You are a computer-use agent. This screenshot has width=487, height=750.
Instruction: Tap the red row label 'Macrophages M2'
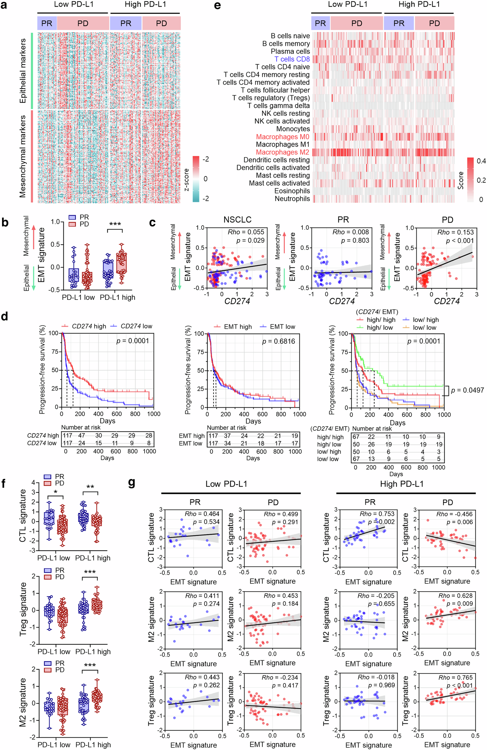283,152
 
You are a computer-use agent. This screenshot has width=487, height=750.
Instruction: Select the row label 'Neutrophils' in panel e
292,198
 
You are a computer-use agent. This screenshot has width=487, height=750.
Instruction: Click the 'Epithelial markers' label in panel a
23,71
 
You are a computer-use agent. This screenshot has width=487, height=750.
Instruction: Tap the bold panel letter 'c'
152,222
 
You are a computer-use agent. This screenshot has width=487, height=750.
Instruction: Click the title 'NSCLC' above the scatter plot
237,220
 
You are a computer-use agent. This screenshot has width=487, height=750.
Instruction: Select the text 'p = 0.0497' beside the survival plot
467,390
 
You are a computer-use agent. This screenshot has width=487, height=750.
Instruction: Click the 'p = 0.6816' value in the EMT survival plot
278,341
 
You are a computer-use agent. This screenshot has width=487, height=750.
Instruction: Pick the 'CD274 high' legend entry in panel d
89,326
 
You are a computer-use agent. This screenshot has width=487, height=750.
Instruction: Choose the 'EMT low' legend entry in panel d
282,326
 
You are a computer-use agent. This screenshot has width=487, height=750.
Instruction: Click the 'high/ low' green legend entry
379,327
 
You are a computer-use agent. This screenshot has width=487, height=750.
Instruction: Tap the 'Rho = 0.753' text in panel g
377,514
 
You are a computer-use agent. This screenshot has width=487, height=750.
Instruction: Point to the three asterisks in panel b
115,224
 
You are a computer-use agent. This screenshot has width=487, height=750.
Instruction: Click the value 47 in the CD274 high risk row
82,435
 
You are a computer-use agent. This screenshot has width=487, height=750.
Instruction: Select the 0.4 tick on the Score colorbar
481,161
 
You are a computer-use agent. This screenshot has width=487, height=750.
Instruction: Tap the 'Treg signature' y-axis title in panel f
23,609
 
